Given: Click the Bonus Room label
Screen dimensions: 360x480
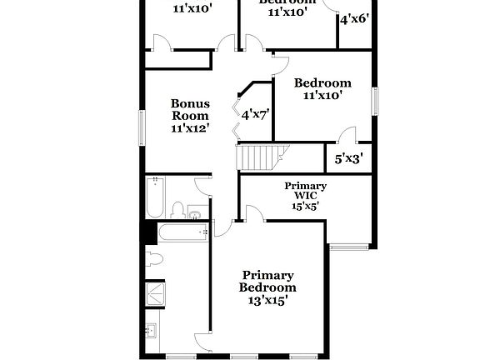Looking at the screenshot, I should pyautogui.click(x=190, y=110).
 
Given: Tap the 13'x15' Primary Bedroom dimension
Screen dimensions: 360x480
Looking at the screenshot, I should pyautogui.click(x=268, y=301).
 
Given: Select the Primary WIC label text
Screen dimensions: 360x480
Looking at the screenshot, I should pyautogui.click(x=305, y=190).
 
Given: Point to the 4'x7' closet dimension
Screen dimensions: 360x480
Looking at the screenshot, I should pyautogui.click(x=253, y=114).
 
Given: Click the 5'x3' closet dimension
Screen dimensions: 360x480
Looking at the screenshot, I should pyautogui.click(x=348, y=157).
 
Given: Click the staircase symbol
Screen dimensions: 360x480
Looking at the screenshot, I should pyautogui.click(x=262, y=157).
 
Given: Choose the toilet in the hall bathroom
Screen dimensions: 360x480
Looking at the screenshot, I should pyautogui.click(x=177, y=209).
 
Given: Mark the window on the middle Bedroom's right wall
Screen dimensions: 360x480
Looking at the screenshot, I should pyautogui.click(x=375, y=100).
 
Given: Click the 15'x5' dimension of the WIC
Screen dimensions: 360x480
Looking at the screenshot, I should pyautogui.click(x=305, y=205).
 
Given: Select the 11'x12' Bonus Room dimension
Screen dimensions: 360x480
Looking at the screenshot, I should pyautogui.click(x=190, y=128).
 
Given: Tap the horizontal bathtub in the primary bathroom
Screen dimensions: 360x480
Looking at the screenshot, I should pyautogui.click(x=182, y=234).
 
